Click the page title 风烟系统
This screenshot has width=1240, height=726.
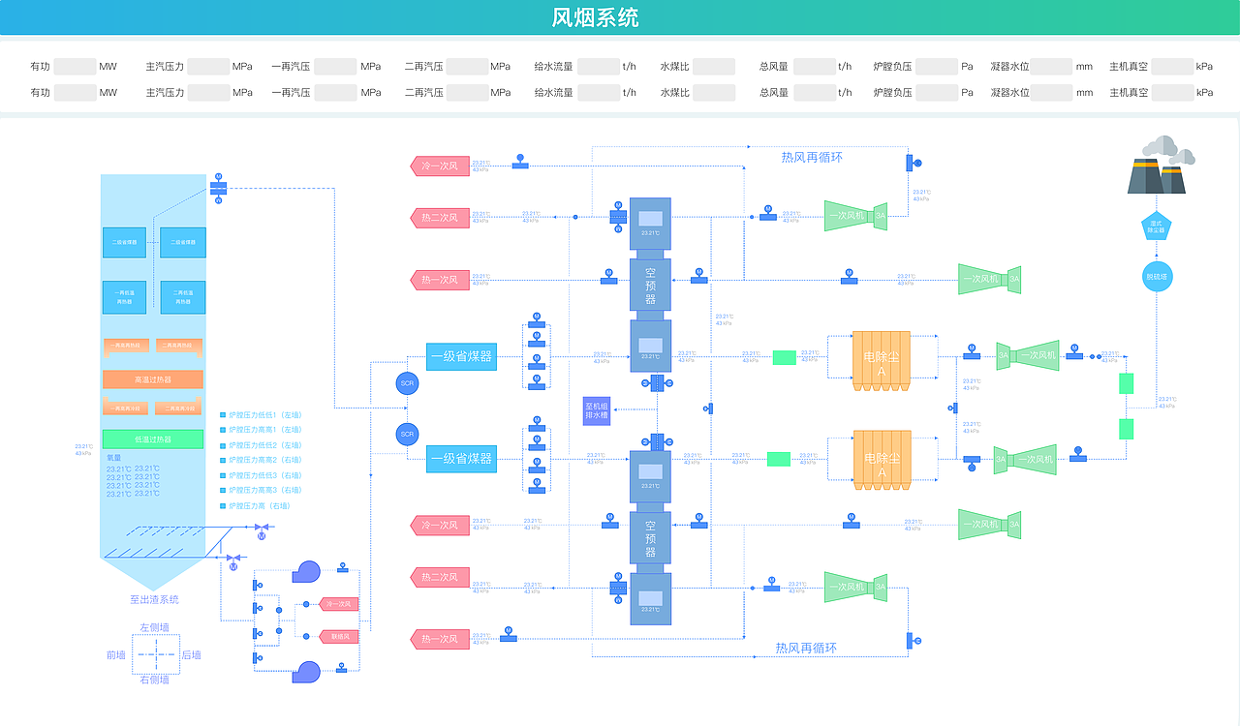595,17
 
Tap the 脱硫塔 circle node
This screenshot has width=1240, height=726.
1158,277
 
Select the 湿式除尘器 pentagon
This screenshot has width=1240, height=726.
1157,227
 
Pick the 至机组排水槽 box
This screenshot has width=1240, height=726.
596,410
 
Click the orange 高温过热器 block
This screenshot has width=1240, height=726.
153,379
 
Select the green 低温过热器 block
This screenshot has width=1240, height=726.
153,439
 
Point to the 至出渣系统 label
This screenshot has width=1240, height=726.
154,599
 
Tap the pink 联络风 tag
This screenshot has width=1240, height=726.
339,636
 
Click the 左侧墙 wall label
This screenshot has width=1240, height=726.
154,627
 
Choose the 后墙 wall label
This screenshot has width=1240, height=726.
192,655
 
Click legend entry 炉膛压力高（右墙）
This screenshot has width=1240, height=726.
260,506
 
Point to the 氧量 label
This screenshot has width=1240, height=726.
115,458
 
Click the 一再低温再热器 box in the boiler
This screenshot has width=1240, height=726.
125,297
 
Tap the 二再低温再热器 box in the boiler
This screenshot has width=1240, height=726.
182,297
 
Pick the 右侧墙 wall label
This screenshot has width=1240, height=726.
154,680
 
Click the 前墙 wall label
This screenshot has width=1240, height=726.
116,655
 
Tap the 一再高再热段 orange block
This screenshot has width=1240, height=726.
125,345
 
